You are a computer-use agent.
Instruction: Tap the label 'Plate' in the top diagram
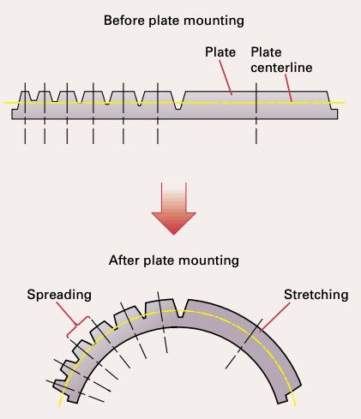pyautogui.click(x=220, y=52)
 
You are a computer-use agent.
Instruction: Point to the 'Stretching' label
pyautogui.click(x=316, y=295)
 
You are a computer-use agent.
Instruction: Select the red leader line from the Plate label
pyautogui.click(x=227, y=76)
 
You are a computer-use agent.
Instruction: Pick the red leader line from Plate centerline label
pyautogui.click(x=287, y=88)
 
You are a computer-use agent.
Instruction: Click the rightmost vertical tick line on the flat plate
pyautogui.click(x=256, y=111)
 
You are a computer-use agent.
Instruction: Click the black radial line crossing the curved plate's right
pyautogui.click(x=239, y=348)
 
